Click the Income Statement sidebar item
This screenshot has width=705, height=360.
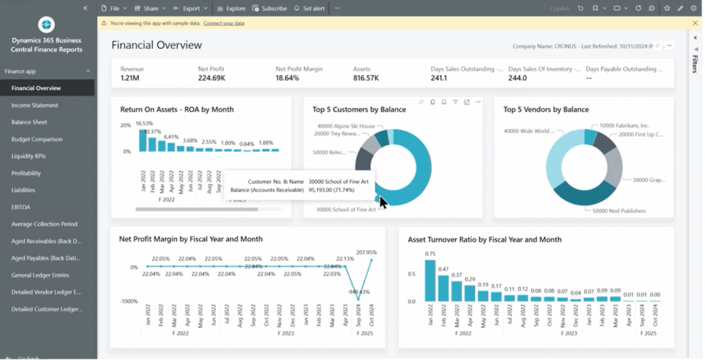(x=34, y=105)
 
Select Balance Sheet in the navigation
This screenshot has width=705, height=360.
(x=29, y=122)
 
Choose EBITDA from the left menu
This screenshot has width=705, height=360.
(x=21, y=207)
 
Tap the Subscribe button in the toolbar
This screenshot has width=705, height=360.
(x=270, y=8)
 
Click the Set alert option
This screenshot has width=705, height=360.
(x=309, y=8)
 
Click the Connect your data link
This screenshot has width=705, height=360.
(x=224, y=23)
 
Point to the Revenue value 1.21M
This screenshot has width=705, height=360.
(x=130, y=78)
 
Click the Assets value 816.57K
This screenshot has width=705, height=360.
(x=366, y=78)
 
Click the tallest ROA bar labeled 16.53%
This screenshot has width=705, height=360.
(x=143, y=140)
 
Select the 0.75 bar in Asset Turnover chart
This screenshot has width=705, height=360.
(x=430, y=280)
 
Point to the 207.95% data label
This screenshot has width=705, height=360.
(x=366, y=253)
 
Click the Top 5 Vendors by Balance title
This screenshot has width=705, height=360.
(x=546, y=109)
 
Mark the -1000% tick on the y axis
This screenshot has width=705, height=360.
(x=129, y=301)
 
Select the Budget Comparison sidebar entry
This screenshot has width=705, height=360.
(x=36, y=139)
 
